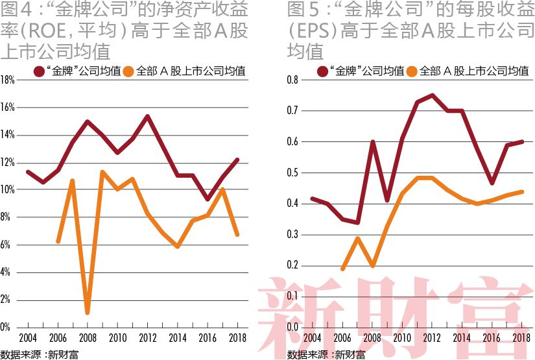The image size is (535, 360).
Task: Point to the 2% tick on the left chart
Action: point(8,300)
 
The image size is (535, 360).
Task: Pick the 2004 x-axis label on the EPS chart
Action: point(313,339)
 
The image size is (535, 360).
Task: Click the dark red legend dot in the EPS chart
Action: point(322,70)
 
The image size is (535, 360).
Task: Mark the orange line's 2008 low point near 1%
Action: point(88,313)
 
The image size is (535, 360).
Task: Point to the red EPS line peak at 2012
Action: point(432,95)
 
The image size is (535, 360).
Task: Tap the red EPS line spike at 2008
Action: point(372,141)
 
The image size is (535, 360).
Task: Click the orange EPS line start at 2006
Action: point(342,269)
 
